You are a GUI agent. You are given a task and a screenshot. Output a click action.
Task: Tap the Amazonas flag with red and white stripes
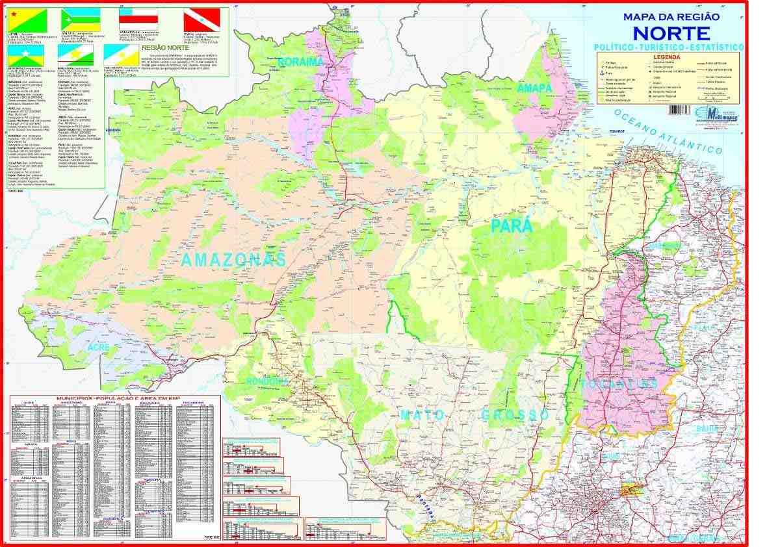click(139, 20)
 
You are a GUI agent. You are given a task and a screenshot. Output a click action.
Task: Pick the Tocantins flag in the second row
click(121, 55)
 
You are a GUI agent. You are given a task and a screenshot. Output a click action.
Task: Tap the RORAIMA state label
click(301, 62)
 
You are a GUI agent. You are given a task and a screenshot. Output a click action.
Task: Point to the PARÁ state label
click(512, 226)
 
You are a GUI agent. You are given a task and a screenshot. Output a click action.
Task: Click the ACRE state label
click(100, 348)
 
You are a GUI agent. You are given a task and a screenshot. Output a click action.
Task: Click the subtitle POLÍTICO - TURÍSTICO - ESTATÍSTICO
click(668, 48)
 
